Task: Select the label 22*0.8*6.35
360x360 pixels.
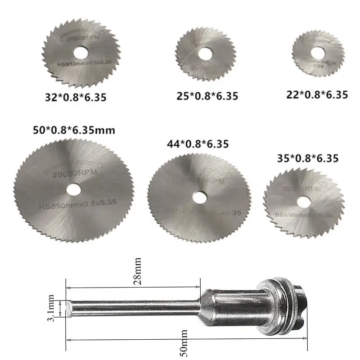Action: coord(317,94)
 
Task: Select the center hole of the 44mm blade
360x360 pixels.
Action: coord(198,196)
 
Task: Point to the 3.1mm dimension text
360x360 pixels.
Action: coord(51,308)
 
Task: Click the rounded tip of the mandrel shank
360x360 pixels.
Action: coord(69,309)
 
